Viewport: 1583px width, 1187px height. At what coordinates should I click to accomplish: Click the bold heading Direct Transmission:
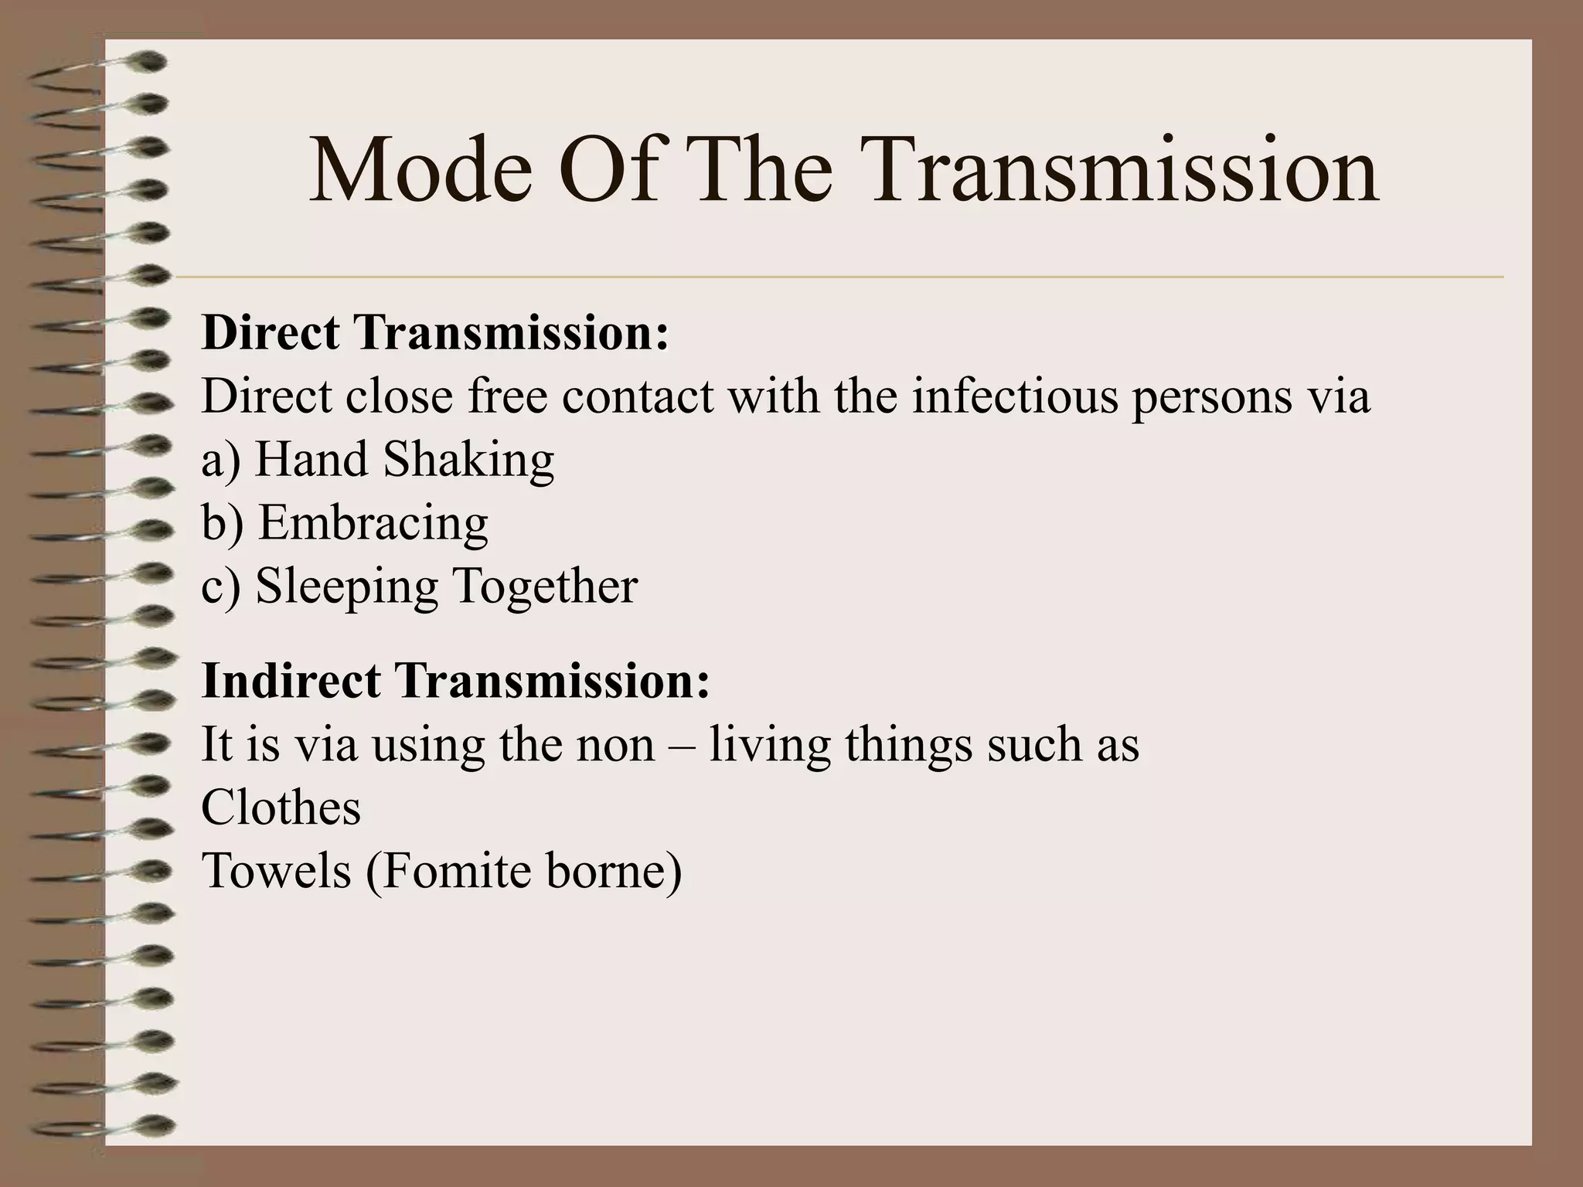pos(435,333)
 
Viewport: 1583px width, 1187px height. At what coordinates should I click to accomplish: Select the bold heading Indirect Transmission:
pos(455,681)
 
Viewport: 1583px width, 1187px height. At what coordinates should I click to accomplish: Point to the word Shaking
pos(468,460)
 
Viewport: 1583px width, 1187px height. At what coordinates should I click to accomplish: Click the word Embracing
pos(373,524)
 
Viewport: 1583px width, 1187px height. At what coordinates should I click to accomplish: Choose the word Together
pos(545,586)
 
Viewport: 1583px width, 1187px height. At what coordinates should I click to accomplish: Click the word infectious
pos(1015,396)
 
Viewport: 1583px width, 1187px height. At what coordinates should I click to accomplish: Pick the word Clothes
pos(281,808)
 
